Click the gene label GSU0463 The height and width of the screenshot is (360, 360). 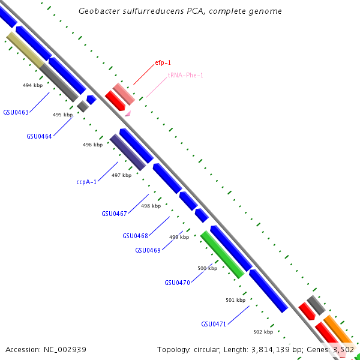(x=16, y=112)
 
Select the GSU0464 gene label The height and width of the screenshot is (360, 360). (x=39, y=136)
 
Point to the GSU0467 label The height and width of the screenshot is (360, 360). (x=114, y=214)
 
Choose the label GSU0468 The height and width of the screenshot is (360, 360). (x=135, y=236)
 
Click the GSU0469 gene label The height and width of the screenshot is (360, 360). (x=148, y=250)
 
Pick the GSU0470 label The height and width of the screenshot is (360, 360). (x=177, y=283)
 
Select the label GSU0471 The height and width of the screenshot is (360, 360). (x=214, y=324)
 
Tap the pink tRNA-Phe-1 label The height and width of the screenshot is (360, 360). (x=185, y=75)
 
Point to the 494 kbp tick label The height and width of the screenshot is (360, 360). (x=32, y=85)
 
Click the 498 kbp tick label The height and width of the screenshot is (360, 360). (x=151, y=206)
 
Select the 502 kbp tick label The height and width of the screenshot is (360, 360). (x=263, y=332)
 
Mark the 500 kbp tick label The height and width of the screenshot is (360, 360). (x=207, y=268)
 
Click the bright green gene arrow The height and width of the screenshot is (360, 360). (x=222, y=254)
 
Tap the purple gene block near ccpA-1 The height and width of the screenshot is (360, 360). (x=127, y=152)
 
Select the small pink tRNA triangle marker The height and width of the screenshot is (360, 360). (x=128, y=113)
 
